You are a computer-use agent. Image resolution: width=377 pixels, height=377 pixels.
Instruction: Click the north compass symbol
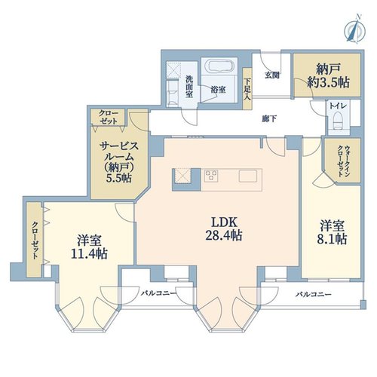[354, 29]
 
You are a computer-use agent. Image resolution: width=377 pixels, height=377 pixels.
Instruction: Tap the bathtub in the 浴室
[220, 66]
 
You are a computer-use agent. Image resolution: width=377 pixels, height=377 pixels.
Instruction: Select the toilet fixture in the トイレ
[339, 121]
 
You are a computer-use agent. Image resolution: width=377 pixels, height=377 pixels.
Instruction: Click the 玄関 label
[272, 75]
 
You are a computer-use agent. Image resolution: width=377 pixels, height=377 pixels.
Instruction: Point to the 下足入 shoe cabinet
[247, 88]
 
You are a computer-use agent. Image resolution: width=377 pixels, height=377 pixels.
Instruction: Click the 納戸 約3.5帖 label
[328, 75]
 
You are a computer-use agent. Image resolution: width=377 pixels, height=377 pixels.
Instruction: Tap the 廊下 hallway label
[269, 118]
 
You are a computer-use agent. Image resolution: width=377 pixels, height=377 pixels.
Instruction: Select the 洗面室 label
[189, 87]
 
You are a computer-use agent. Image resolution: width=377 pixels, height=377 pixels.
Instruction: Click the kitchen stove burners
[211, 175]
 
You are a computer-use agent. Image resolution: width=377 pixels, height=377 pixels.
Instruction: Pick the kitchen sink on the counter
[248, 176]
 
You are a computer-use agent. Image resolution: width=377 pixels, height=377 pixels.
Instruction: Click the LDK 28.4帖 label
[224, 228]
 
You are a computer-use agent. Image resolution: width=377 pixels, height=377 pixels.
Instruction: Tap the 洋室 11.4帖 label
[89, 247]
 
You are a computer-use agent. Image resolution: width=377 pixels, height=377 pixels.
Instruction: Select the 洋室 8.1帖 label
[332, 232]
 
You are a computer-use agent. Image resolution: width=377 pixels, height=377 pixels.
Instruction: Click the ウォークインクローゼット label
[343, 161]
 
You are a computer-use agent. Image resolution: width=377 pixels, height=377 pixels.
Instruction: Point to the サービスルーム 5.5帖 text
[119, 161]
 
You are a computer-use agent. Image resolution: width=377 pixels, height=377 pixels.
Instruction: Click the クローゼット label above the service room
[109, 117]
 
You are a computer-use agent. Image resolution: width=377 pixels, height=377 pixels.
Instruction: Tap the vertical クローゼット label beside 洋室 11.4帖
[35, 240]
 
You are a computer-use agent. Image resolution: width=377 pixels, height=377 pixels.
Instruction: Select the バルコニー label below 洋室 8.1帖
[313, 294]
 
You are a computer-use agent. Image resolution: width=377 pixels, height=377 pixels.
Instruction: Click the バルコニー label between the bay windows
[158, 293]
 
